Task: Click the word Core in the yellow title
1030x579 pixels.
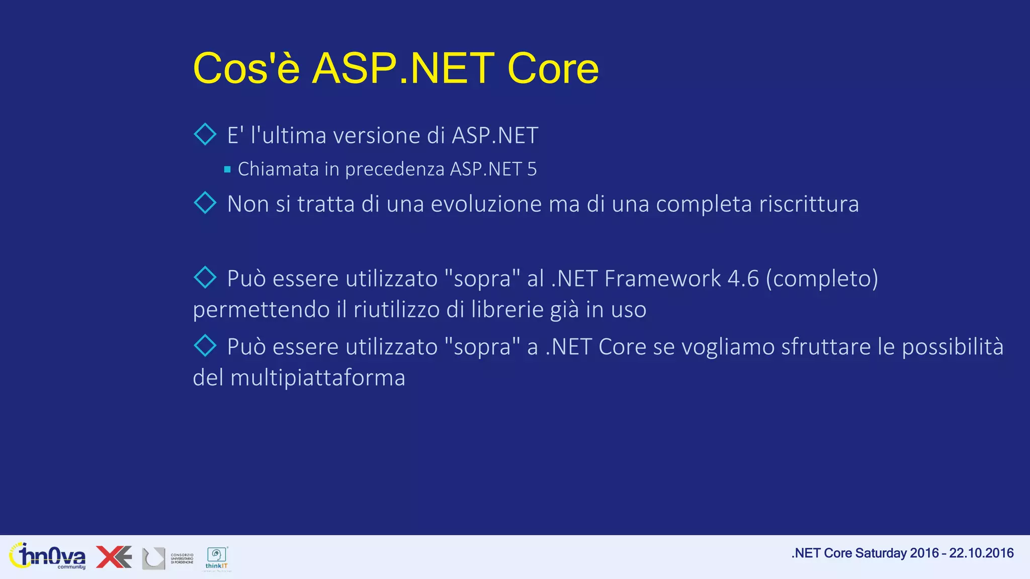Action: point(553,68)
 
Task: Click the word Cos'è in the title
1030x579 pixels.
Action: point(246,68)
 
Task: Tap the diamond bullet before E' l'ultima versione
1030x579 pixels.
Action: point(205,134)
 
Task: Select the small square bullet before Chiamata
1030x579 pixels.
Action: point(227,169)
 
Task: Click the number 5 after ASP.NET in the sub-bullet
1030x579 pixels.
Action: point(532,169)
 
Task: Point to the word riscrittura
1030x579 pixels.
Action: point(809,204)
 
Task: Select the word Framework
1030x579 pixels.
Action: point(662,278)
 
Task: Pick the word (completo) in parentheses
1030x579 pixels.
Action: point(822,278)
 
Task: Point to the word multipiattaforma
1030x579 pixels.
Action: point(317,378)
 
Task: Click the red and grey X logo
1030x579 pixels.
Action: point(114,557)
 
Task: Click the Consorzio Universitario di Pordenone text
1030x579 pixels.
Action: point(182,558)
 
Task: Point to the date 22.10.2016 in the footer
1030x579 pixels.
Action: point(981,553)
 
